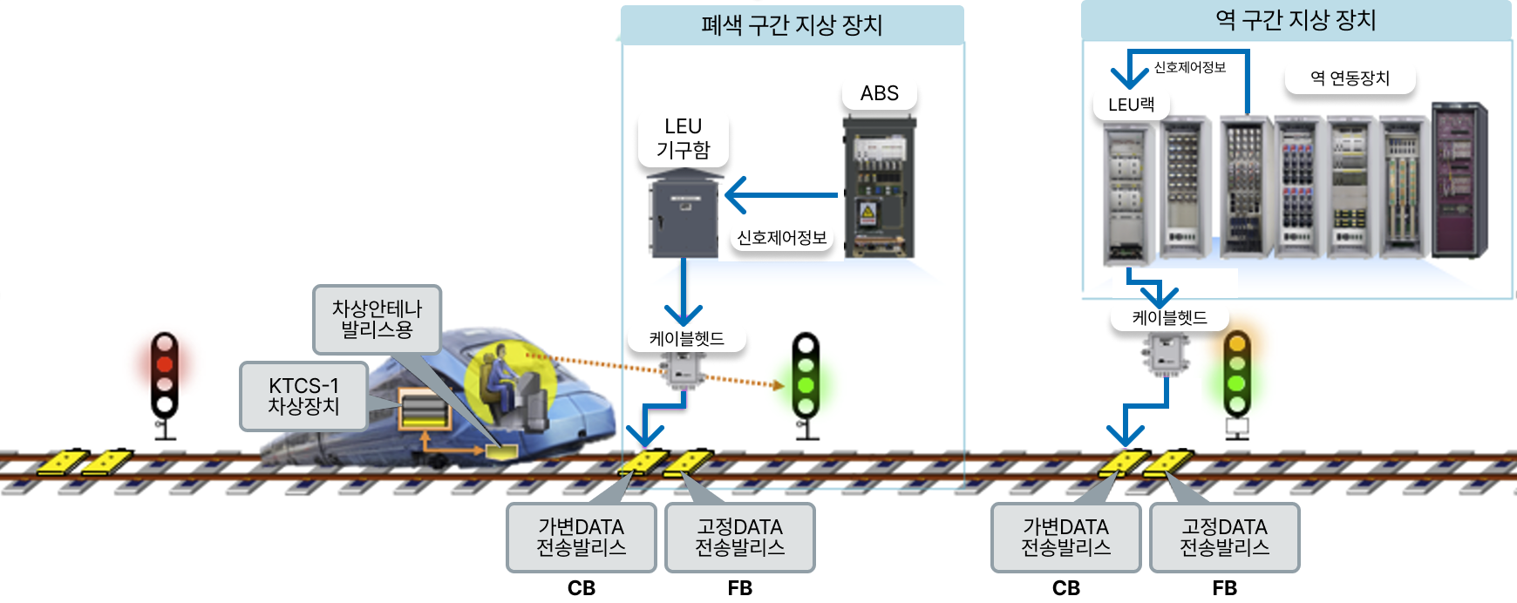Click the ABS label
tap(879, 93)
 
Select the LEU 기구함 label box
tap(683, 139)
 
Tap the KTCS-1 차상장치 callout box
tap(303, 396)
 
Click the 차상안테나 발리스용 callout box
tap(377, 319)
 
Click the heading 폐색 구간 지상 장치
tap(792, 25)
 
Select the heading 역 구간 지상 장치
tap(1296, 20)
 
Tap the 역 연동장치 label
tap(1350, 78)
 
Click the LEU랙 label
tap(1131, 105)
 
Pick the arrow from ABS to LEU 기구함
tap(781, 195)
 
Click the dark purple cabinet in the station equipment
tap(1459, 180)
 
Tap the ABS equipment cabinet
tap(879, 186)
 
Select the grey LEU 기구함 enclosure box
tap(684, 213)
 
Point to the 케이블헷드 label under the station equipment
tap(1169, 318)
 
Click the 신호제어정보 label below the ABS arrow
tap(782, 238)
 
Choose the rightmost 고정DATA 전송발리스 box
tap(1224, 538)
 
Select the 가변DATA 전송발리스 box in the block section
tap(581, 538)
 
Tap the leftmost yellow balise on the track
tap(62, 462)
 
